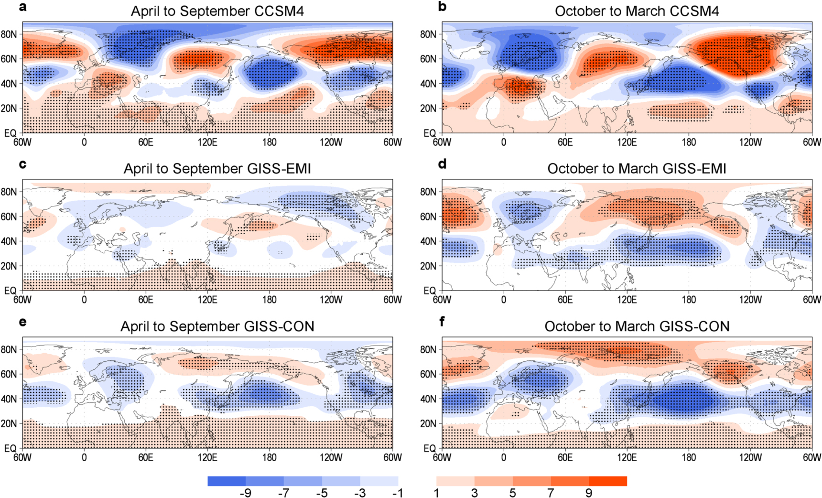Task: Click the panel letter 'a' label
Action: (23, 7)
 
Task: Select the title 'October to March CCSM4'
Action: (637, 11)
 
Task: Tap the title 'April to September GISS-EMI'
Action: (217, 169)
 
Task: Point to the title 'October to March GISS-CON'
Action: (637, 326)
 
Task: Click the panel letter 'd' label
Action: (443, 164)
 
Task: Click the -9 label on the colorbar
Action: (245, 493)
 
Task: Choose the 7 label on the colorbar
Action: (551, 493)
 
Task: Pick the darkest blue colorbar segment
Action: (227, 481)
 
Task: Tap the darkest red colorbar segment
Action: (608, 481)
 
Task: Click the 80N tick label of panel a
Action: (9, 34)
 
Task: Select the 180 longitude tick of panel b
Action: (689, 142)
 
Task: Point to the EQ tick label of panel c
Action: (10, 291)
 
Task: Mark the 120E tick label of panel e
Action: (207, 457)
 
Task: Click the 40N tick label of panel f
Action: (428, 399)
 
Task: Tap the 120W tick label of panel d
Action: (750, 300)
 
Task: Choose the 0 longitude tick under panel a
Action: (84, 142)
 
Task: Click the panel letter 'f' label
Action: (442, 322)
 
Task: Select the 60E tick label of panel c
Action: (146, 300)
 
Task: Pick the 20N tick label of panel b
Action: (428, 108)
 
